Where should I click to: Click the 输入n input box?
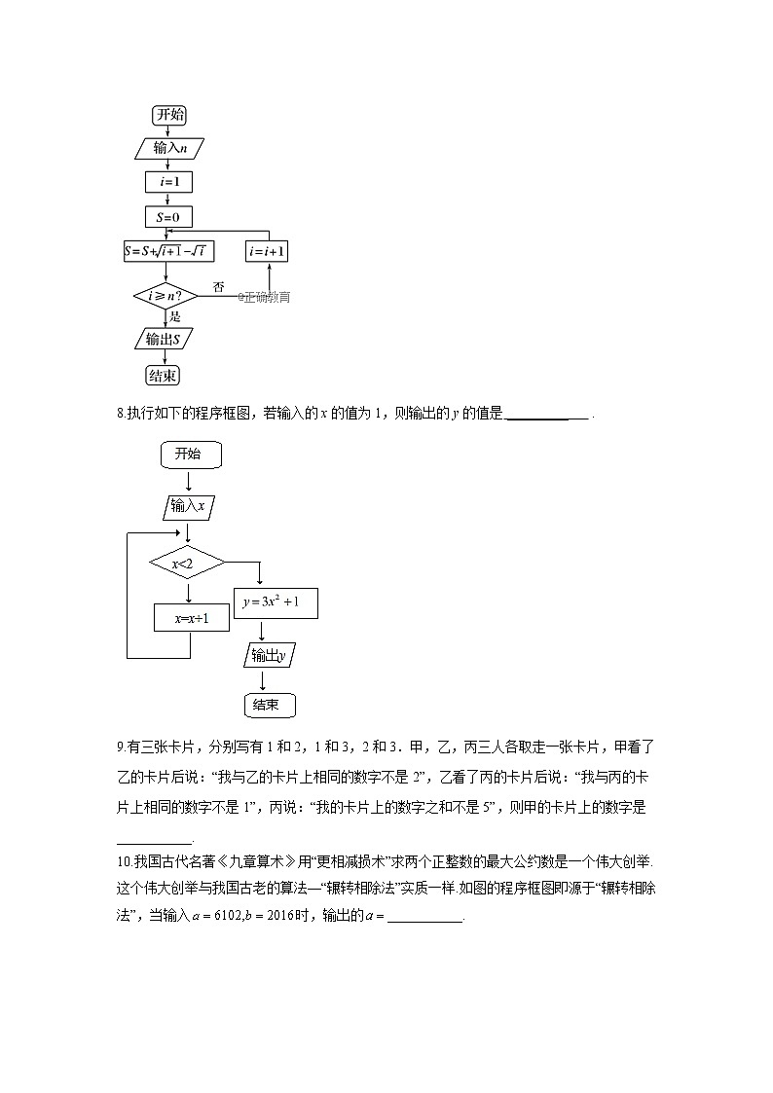point(169,148)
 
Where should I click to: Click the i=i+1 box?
point(267,251)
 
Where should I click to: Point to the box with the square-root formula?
point(169,251)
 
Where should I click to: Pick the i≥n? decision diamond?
point(166,295)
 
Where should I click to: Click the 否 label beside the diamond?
point(218,287)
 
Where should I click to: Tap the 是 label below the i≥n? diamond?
point(175,317)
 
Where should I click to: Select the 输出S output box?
point(164,339)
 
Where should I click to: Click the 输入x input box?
point(188,506)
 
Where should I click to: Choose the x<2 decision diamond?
point(186,563)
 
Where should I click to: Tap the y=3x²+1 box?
point(276,602)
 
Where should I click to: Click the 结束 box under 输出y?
point(267,705)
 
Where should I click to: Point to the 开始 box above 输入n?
point(169,115)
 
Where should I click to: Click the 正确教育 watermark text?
point(265,297)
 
